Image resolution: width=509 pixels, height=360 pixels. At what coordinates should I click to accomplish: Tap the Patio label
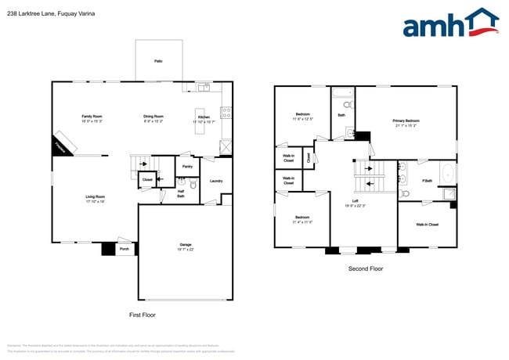coord(158,59)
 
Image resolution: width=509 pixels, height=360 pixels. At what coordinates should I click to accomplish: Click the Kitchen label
coord(203,117)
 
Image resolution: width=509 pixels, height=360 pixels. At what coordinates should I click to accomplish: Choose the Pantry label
coord(187,167)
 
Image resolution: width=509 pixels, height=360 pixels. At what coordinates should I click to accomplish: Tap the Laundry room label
coord(217,181)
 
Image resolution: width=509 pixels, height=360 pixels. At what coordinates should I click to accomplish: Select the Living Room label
coord(95,198)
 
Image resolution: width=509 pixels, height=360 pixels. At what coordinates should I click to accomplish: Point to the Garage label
coord(185,246)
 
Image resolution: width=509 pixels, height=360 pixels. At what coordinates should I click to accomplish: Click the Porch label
coord(124,250)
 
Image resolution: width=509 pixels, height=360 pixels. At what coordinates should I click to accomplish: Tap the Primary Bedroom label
coord(406,122)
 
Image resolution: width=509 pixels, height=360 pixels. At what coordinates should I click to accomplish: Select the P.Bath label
coord(427,181)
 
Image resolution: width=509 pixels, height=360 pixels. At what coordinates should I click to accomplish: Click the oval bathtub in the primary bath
coord(447,172)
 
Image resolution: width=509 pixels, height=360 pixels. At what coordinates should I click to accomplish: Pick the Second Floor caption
coord(366,268)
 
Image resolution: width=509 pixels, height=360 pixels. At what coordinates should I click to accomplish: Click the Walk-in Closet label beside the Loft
coord(427,225)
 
